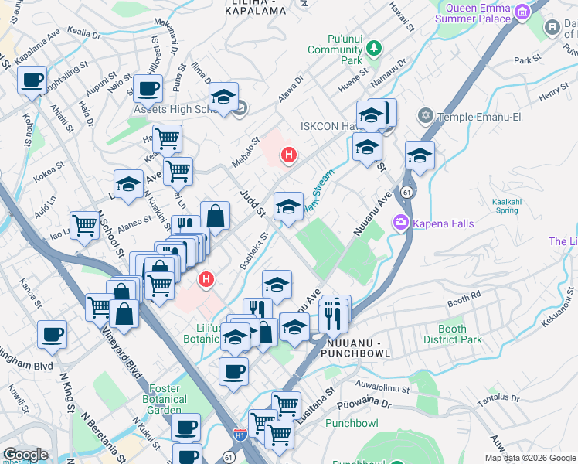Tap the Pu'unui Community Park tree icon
coord(374,48)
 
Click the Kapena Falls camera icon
coord(401,223)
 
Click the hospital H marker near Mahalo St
coord(288,155)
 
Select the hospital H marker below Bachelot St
coord(206,279)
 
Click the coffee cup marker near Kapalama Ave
coord(32,80)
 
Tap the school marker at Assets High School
coord(223,97)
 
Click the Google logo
coord(25,455)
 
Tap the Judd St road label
coord(252,203)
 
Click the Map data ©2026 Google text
coord(530,458)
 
